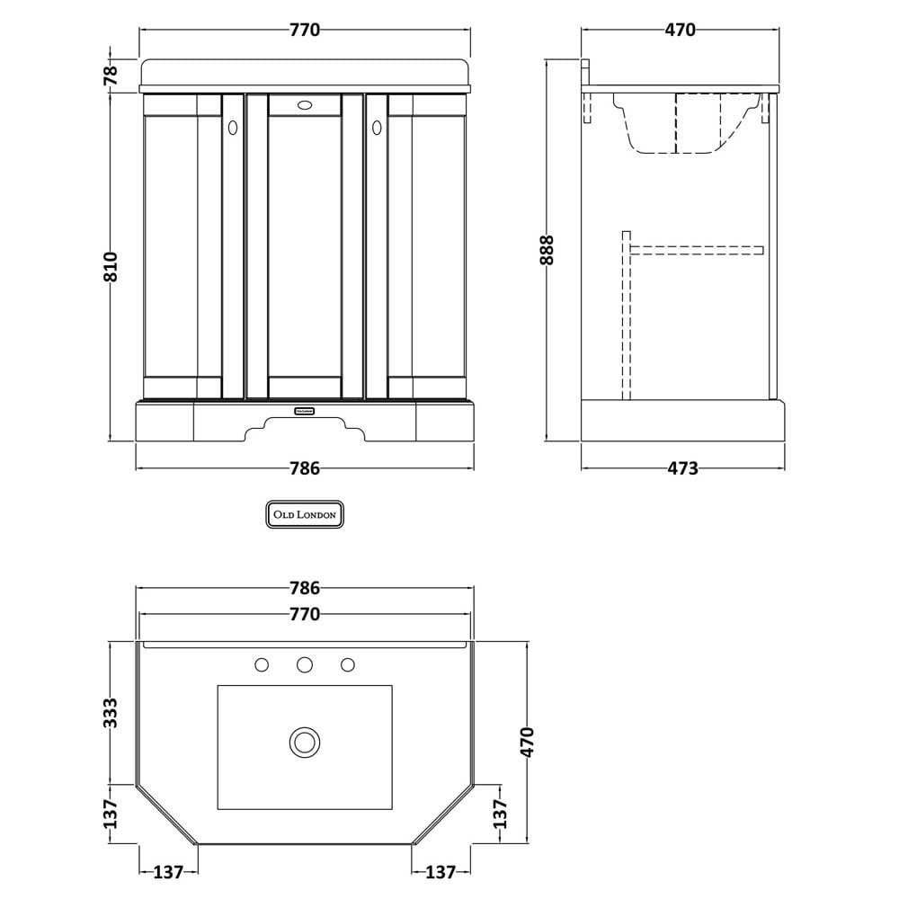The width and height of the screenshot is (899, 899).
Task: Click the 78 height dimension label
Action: pos(111,75)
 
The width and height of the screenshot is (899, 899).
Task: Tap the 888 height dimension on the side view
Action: pos(547,249)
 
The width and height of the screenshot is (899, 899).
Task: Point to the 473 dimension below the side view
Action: pos(683,468)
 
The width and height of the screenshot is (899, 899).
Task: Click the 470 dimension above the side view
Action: pos(680,30)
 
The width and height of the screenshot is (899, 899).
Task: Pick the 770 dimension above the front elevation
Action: pos(305,30)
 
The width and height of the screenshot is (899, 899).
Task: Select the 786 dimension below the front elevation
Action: pos(305,468)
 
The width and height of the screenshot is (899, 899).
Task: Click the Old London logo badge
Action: pos(305,514)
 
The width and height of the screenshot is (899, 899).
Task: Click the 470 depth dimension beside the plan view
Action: pos(528,742)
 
